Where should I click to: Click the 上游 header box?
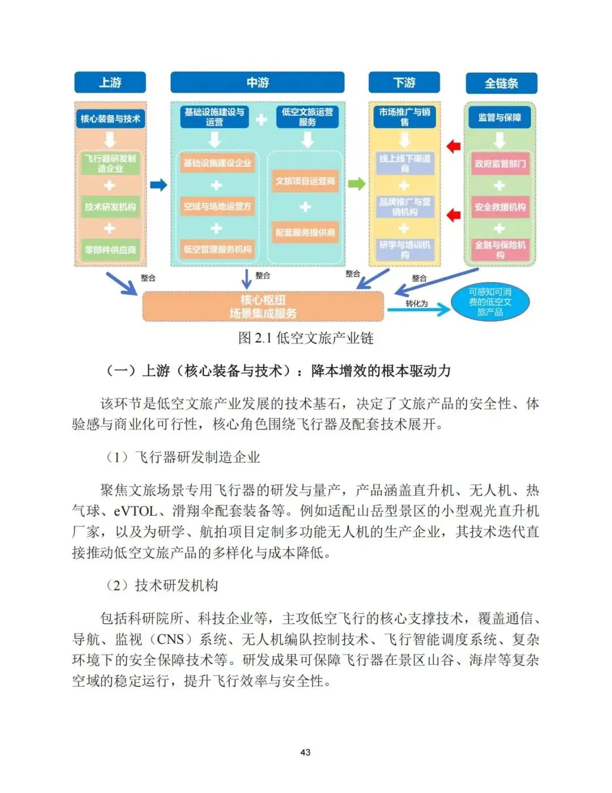[x=110, y=83]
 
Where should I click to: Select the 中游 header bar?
[x=257, y=83]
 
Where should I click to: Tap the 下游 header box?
[x=404, y=83]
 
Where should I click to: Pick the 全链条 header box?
[x=501, y=83]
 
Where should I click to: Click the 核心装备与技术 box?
[x=110, y=119]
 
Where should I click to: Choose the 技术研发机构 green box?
[x=110, y=207]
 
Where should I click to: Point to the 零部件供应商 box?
[x=110, y=250]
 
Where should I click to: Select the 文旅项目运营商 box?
[x=305, y=182]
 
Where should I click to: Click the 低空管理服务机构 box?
[x=217, y=249]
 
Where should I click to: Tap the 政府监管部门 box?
[x=500, y=164]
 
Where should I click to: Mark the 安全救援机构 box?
[x=500, y=207]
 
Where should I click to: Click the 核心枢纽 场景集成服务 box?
[x=263, y=307]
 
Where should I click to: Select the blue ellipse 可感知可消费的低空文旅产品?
[x=490, y=302]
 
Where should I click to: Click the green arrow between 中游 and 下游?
[x=356, y=184]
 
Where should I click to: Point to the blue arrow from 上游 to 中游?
[x=159, y=185]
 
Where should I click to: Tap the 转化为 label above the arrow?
[x=416, y=303]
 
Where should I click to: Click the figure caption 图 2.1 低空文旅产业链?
[x=305, y=338]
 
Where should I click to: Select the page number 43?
[x=305, y=752]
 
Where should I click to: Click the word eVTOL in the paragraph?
[x=135, y=511]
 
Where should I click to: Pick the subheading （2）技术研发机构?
[x=162, y=585]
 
